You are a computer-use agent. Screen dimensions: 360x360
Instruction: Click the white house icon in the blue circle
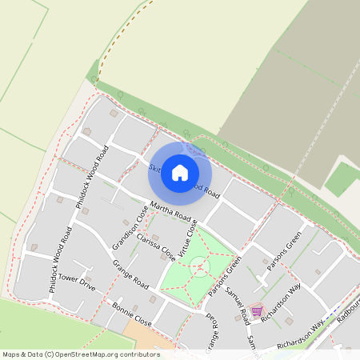click(x=180, y=171)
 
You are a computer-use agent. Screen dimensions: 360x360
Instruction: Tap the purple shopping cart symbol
click(x=256, y=311)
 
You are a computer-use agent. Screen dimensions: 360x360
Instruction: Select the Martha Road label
click(x=170, y=212)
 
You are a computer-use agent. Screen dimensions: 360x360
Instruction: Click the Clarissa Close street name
click(x=156, y=247)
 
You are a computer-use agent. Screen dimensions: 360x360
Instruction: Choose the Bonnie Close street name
click(x=132, y=313)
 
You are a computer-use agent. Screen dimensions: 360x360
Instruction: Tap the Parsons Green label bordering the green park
click(x=225, y=277)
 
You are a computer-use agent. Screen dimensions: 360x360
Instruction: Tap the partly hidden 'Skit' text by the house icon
click(x=155, y=168)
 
